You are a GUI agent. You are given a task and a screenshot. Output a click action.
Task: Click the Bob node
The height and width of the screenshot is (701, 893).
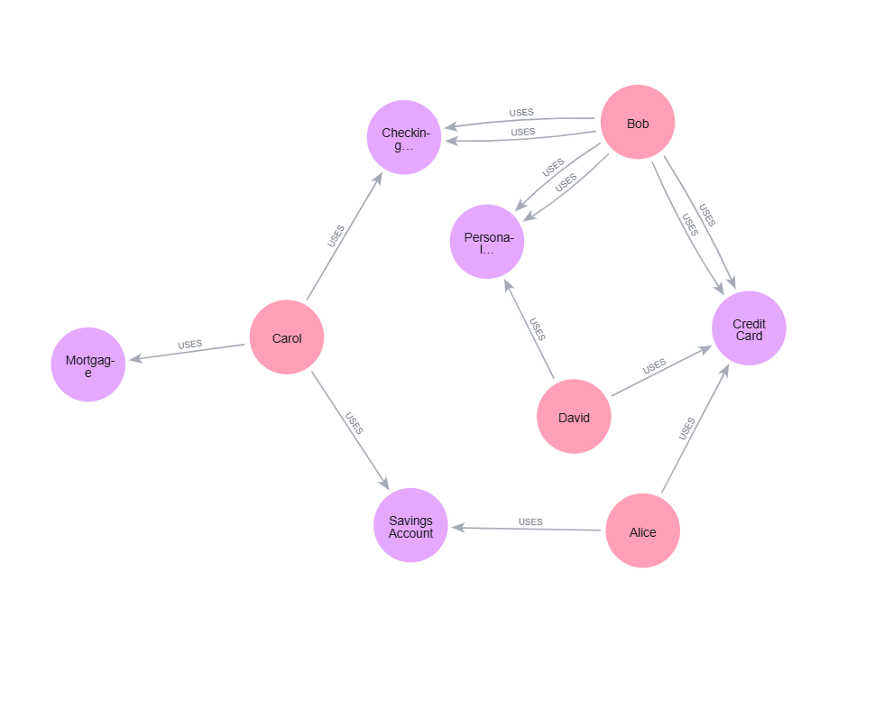click(x=638, y=123)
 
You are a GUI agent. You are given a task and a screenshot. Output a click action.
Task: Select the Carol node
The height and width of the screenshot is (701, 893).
click(x=287, y=337)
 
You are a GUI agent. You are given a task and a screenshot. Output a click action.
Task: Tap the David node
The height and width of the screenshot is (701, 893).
click(x=574, y=417)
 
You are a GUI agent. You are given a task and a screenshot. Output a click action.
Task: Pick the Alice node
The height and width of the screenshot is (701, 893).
click(x=642, y=531)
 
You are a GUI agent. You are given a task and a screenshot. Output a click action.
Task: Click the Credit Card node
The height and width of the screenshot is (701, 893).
click(x=749, y=328)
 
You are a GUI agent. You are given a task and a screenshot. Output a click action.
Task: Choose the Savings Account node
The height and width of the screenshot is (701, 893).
click(x=410, y=526)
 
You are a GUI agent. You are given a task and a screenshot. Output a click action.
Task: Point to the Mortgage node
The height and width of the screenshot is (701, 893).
click(x=88, y=364)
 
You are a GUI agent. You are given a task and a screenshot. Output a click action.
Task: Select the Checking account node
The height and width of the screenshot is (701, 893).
click(x=404, y=138)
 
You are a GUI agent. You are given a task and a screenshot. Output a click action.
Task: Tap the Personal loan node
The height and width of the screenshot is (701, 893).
click(x=487, y=242)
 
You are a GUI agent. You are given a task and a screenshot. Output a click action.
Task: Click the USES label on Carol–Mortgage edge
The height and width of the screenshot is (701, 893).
click(x=189, y=345)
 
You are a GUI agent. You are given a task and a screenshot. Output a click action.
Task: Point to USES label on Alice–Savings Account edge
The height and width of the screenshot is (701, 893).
click(x=530, y=521)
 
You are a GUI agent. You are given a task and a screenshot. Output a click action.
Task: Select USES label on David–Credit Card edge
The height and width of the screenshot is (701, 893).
click(x=654, y=364)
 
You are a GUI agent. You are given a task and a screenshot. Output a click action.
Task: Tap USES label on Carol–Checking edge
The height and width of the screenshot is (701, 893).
click(x=336, y=235)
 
